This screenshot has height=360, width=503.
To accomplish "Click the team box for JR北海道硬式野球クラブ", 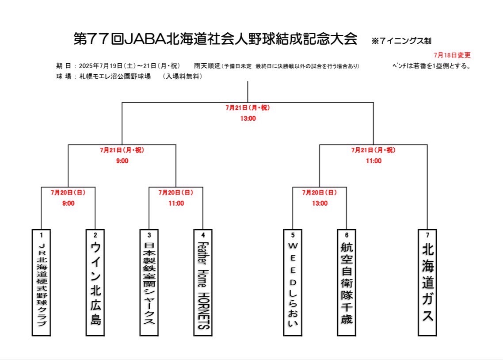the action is coord(42,282).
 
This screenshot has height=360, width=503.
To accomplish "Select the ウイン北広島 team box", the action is coord(95,282).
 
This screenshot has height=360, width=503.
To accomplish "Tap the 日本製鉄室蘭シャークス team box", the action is coord(149,282).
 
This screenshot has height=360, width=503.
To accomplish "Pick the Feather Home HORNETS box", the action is coord(203,282).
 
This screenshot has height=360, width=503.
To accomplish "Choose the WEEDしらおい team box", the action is coord(293,282).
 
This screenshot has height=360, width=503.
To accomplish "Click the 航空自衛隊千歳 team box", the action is coord(347,282).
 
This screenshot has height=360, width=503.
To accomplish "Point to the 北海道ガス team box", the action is coord(427,282).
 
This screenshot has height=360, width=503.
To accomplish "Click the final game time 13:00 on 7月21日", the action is coord(248,119).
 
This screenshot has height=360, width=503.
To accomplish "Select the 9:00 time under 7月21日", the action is coord(122,161).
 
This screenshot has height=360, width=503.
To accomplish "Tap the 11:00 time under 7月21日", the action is coord(374,161).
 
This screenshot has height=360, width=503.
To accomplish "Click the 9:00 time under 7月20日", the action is coord(69,203).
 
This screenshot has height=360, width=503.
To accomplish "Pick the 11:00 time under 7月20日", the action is coord(176,203).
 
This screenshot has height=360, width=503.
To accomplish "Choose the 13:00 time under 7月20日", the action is coord(320,203).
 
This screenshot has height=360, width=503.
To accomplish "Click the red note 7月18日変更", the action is coord(452,55).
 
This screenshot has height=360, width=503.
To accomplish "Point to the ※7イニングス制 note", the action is coord(401,41).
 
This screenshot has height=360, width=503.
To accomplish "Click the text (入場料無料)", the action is coord(182,77).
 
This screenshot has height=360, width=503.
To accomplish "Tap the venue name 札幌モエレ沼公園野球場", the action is coord(115,77).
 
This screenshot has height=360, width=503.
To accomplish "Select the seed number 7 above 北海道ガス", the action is coord(427,235).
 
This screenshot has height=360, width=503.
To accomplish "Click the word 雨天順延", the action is coord(207,66).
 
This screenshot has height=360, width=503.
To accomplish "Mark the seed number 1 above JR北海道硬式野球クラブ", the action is coord(42,235).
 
